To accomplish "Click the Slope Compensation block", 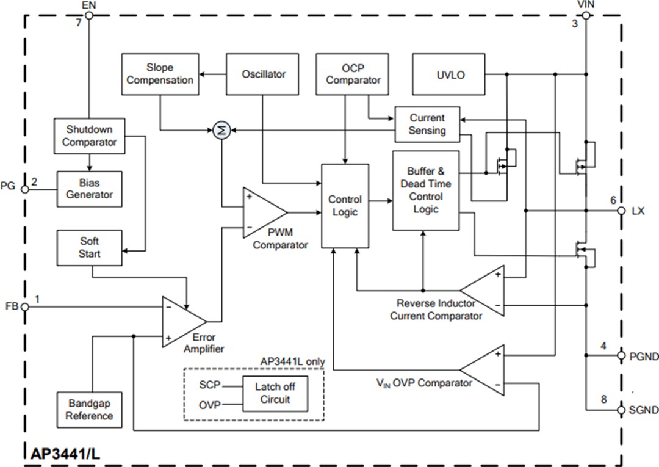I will (160, 74).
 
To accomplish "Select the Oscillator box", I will (264, 74).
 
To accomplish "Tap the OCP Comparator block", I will (353, 74).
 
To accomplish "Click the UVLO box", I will (450, 74).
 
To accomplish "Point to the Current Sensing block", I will (427, 124).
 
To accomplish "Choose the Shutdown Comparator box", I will (89, 136).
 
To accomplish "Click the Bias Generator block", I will (89, 189).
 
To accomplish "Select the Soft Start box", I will (89, 247).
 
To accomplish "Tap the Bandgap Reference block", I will (89, 410).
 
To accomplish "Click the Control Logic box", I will (345, 206).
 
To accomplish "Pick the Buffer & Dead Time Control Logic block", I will (425, 190).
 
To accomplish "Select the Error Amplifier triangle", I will (181, 321).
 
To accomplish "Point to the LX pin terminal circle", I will (621, 211).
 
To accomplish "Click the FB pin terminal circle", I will (25, 307).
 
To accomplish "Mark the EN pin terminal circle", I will (88, 15).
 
